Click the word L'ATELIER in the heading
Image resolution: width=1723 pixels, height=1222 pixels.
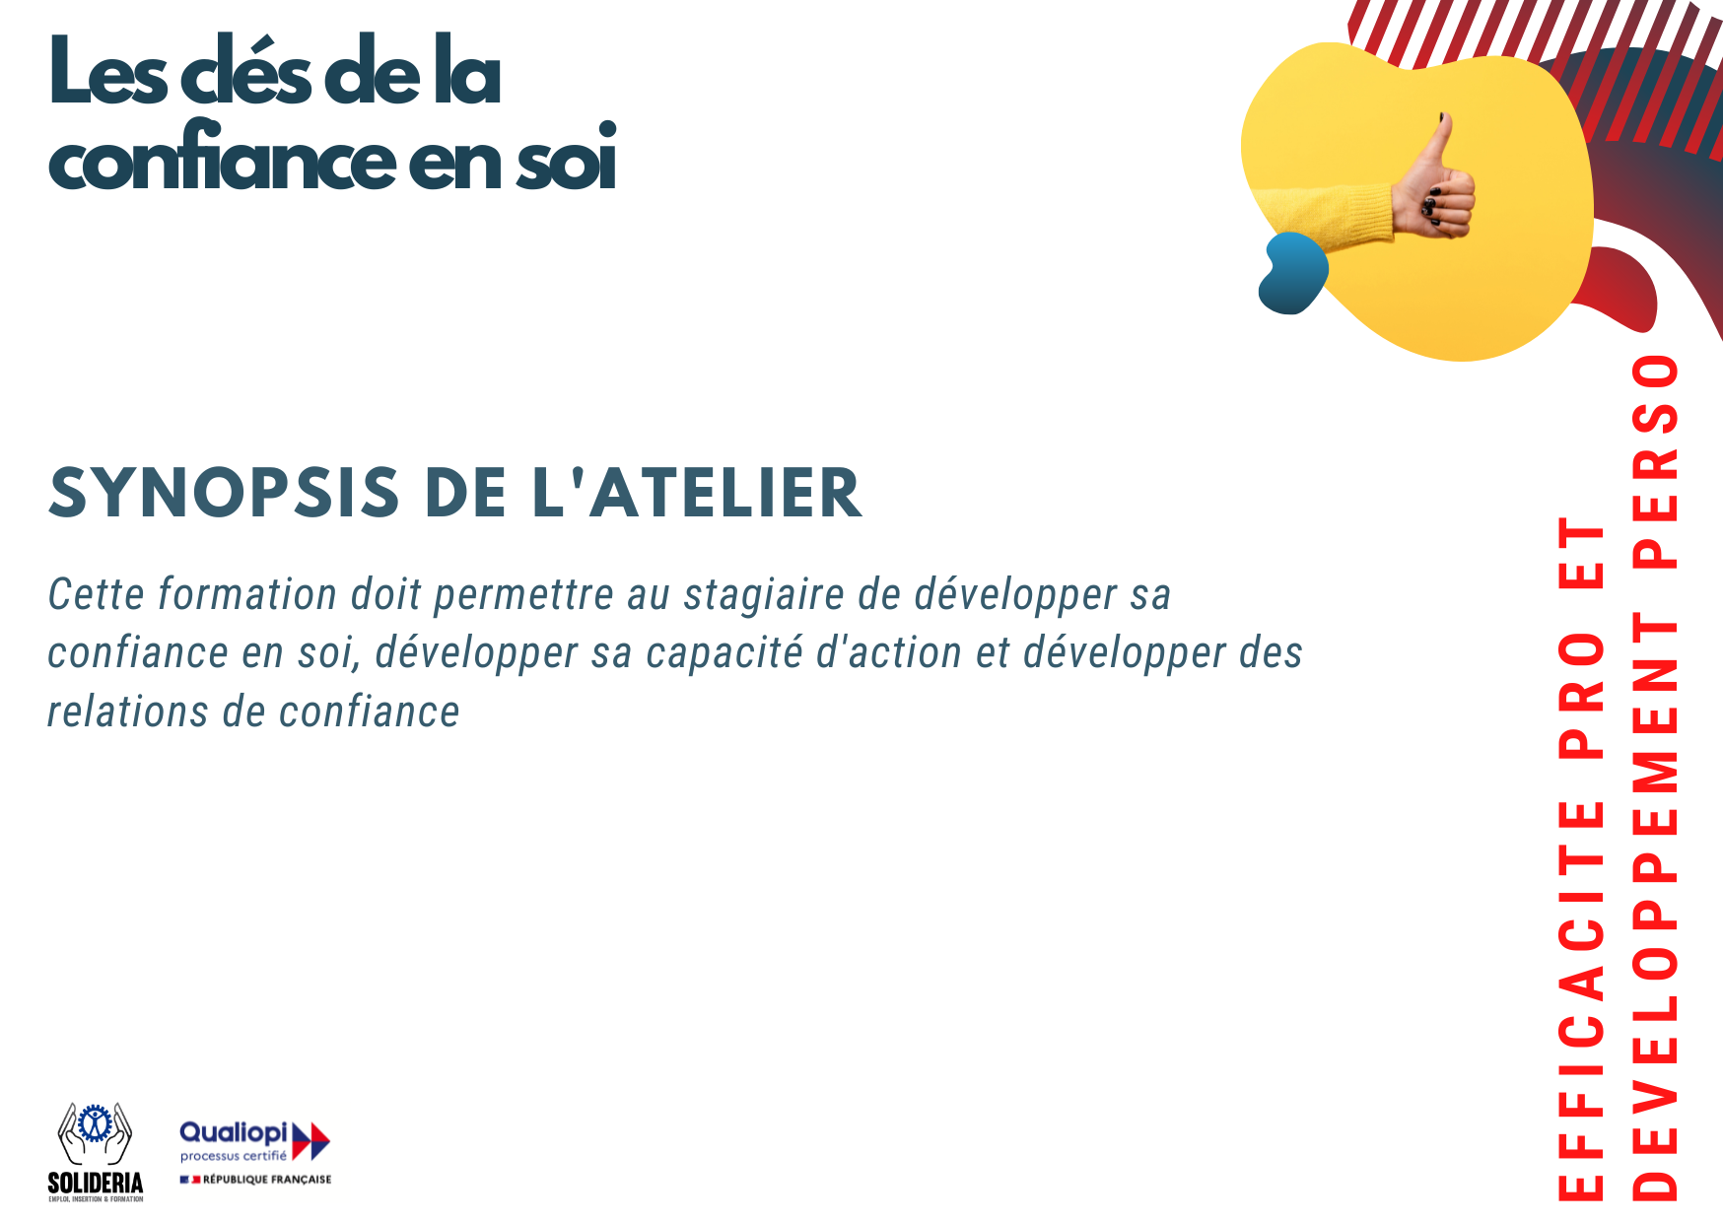(697, 493)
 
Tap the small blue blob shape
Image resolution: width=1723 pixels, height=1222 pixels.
(1292, 272)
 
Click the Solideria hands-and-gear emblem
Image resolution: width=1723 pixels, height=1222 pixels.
(95, 1134)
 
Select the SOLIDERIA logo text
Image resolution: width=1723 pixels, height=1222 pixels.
(96, 1183)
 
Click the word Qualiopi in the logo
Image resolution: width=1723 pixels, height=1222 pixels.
(234, 1133)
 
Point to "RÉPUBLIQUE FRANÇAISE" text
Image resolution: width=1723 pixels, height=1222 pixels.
(267, 1180)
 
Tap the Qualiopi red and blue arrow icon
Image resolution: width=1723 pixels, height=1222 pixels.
(310, 1140)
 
